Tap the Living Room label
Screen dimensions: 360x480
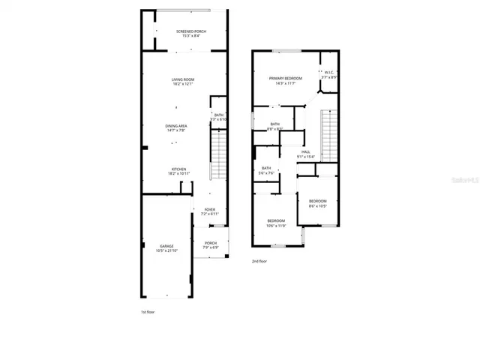[x=183, y=81]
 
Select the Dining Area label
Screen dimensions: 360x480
[x=176, y=127]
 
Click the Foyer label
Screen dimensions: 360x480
[x=209, y=211]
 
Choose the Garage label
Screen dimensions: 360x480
[x=166, y=247]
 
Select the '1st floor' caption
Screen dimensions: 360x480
[x=148, y=311]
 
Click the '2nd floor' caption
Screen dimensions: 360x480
[x=259, y=261]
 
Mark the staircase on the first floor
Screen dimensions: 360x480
[x=217, y=154]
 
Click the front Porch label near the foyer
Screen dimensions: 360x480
[x=210, y=244]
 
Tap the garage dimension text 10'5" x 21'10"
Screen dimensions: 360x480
[x=167, y=250]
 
